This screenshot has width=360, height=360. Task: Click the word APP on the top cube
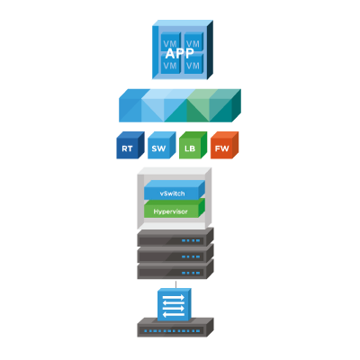coord(179,53)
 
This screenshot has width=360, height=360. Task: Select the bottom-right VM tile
coord(193,64)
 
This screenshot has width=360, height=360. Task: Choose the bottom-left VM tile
coord(170,64)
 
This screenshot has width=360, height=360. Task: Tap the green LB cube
coord(193,145)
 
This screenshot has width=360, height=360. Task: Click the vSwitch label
coord(172,193)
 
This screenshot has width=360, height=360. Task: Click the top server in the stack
coord(175,237)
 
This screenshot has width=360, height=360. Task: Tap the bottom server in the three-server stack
coord(175,269)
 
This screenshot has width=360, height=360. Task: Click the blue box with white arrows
coord(175,304)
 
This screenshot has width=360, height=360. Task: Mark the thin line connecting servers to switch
coord(175,284)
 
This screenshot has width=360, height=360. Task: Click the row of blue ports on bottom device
coord(172,331)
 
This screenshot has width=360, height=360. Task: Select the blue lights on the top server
coord(191,240)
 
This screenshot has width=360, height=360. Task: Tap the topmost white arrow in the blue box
coord(174,298)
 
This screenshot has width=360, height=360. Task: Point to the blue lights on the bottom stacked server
coord(191,273)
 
